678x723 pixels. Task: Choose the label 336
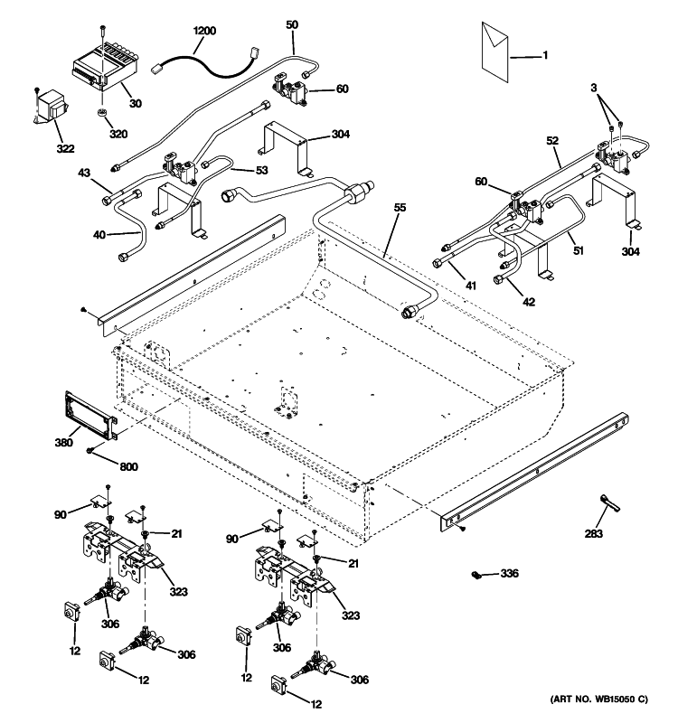click(x=512, y=573)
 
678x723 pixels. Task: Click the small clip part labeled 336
click(x=476, y=574)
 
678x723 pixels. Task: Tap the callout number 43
click(x=84, y=172)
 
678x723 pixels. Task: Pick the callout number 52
click(x=553, y=140)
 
